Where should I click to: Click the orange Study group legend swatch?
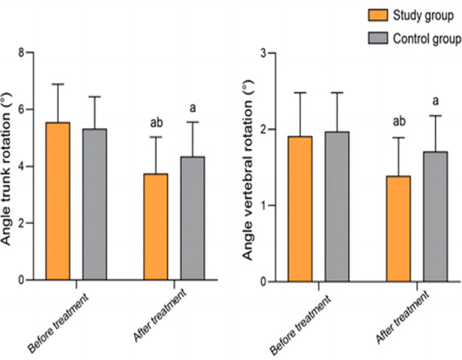[x=378, y=15]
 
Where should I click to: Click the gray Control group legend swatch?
[x=378, y=38]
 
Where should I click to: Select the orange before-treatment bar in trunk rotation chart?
[x=58, y=201]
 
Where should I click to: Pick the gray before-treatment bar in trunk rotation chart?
[x=95, y=204]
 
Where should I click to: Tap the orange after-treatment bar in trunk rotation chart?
[x=156, y=227]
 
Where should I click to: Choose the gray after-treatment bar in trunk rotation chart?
[x=193, y=218]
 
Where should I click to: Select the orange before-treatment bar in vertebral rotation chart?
[x=300, y=209]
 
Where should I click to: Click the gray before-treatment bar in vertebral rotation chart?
[x=337, y=206]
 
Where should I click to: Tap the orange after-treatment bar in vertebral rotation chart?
[x=398, y=229]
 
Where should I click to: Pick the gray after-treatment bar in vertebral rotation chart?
[x=436, y=217]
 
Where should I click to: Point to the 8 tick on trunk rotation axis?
[x=29, y=53]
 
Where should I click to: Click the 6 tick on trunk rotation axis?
[x=29, y=109]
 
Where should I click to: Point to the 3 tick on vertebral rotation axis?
[x=272, y=53]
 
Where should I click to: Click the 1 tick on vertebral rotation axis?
[x=272, y=206]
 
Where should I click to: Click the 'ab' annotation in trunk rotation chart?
[x=157, y=123]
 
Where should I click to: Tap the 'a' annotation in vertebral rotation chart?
[x=436, y=101]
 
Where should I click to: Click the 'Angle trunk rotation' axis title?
[x=5, y=169]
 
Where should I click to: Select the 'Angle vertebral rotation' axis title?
[x=248, y=170]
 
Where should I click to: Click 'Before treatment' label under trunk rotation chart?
[x=58, y=322]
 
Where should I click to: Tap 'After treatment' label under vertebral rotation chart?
[x=403, y=317]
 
